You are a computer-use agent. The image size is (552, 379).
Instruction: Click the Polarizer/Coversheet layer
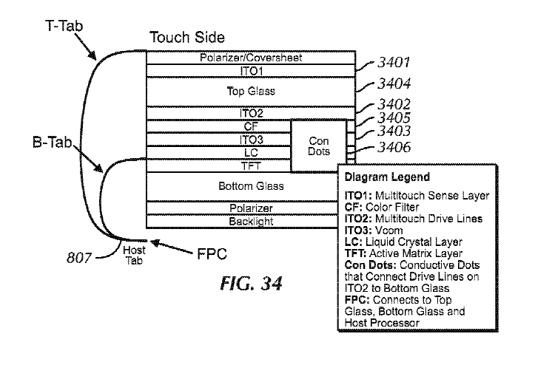point(251,58)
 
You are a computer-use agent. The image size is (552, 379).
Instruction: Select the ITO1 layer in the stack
point(251,71)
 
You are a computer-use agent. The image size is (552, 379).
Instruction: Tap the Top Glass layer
point(251,92)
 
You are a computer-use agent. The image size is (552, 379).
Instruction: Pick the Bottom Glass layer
point(241,186)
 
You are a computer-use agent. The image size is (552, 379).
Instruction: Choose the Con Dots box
point(318,146)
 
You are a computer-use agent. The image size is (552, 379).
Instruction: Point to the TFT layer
point(218,165)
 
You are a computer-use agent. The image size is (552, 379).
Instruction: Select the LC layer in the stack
point(218,153)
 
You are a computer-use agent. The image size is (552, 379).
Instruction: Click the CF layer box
point(218,126)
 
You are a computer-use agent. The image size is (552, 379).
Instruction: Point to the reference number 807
point(99,257)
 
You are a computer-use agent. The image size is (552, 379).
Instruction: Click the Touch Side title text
point(186,37)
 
